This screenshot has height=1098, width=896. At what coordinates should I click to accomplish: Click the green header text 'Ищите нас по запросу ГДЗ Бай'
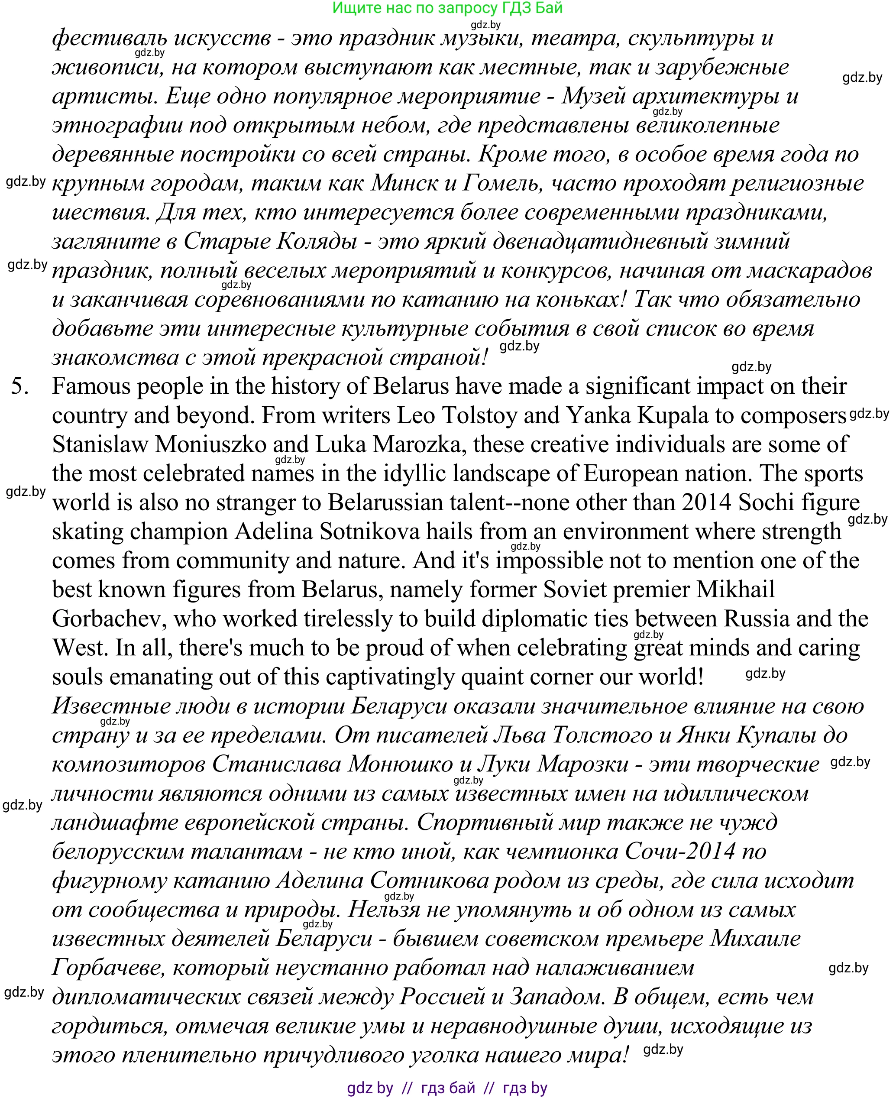447,8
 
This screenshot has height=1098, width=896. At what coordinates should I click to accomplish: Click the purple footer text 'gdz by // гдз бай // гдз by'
447,1088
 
